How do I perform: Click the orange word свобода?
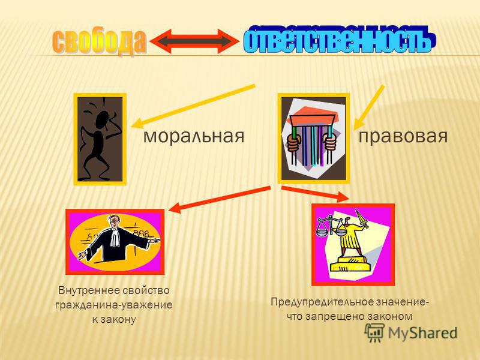click(x=99, y=42)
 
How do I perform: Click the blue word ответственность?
click(x=339, y=39)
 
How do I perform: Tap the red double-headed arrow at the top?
click(x=195, y=41)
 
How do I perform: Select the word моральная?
click(x=194, y=136)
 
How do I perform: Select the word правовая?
click(x=403, y=136)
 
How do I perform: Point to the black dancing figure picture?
click(x=100, y=139)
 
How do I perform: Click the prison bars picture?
click(x=313, y=139)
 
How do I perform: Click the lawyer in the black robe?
click(x=118, y=239)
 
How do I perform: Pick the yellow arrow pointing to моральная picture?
click(x=193, y=106)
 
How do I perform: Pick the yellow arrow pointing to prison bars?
click(x=369, y=107)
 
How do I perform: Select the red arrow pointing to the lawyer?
click(x=219, y=199)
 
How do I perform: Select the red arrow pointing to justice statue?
click(x=316, y=194)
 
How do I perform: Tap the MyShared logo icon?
click(x=374, y=332)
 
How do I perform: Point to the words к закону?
click(x=114, y=320)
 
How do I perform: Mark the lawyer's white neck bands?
click(x=115, y=236)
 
